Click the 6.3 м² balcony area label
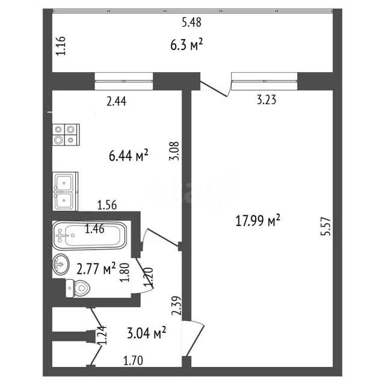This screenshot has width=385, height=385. click(x=186, y=45)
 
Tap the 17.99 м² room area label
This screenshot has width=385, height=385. click(x=257, y=220)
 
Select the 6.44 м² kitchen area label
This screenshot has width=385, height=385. click(x=128, y=155)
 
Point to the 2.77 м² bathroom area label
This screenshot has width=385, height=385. click(x=96, y=269)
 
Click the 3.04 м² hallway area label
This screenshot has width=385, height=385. click(x=147, y=333)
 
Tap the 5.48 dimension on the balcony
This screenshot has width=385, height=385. click(x=191, y=22)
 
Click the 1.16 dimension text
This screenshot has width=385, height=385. click(x=61, y=46)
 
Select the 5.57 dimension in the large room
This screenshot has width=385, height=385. click(x=326, y=226)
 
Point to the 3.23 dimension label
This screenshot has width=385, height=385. click(x=266, y=100)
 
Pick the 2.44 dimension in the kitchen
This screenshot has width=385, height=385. click(x=116, y=101)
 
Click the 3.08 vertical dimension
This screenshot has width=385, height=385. click(x=174, y=151)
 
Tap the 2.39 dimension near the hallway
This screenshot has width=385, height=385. click(x=176, y=306)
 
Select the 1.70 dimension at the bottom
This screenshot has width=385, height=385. click(x=133, y=361)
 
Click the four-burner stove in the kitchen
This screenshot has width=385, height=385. click(x=66, y=135)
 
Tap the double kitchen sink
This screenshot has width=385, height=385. click(x=65, y=191)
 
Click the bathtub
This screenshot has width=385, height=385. click(x=90, y=236)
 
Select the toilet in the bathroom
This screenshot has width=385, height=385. click(x=78, y=288)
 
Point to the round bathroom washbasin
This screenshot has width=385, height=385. click(x=60, y=264)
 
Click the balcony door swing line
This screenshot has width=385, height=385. click(x=214, y=89)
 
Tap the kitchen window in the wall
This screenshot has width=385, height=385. click(x=124, y=81)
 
